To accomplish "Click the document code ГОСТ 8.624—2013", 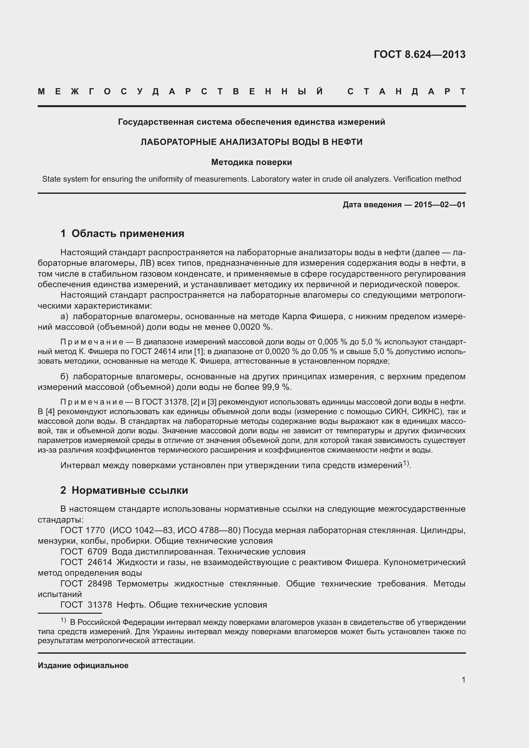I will tap(420, 54).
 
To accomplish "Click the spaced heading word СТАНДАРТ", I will tap(407, 91).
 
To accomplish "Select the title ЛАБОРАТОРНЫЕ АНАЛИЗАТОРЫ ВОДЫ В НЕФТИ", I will tap(251, 142).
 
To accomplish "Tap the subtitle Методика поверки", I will tap(251, 162).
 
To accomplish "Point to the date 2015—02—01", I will tap(440, 205).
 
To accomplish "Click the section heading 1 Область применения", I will tap(122, 233).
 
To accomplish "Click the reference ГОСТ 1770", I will tap(83, 530).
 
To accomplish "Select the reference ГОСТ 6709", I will tap(84, 552).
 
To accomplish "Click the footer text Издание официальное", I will tap(83, 665).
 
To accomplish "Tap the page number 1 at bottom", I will tap(463, 680).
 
